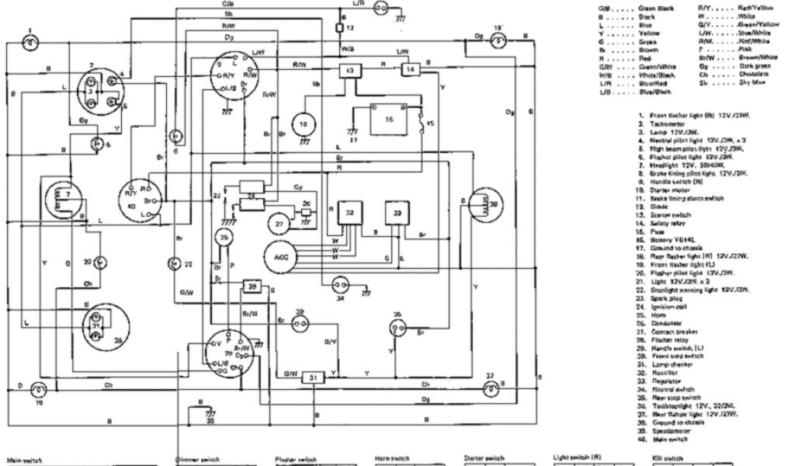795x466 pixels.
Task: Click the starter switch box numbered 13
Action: click(350, 71)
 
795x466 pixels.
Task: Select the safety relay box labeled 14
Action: click(410, 70)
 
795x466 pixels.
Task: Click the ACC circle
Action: click(277, 256)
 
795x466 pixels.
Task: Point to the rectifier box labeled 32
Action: click(350, 214)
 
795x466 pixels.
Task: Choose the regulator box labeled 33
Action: click(398, 213)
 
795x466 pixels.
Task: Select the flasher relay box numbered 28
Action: click(252, 287)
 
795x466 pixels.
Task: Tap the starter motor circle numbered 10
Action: click(304, 123)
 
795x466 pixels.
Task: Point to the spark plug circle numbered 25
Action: click(224, 238)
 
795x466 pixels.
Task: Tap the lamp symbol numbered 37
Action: click(490, 388)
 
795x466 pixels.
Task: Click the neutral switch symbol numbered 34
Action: click(339, 283)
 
